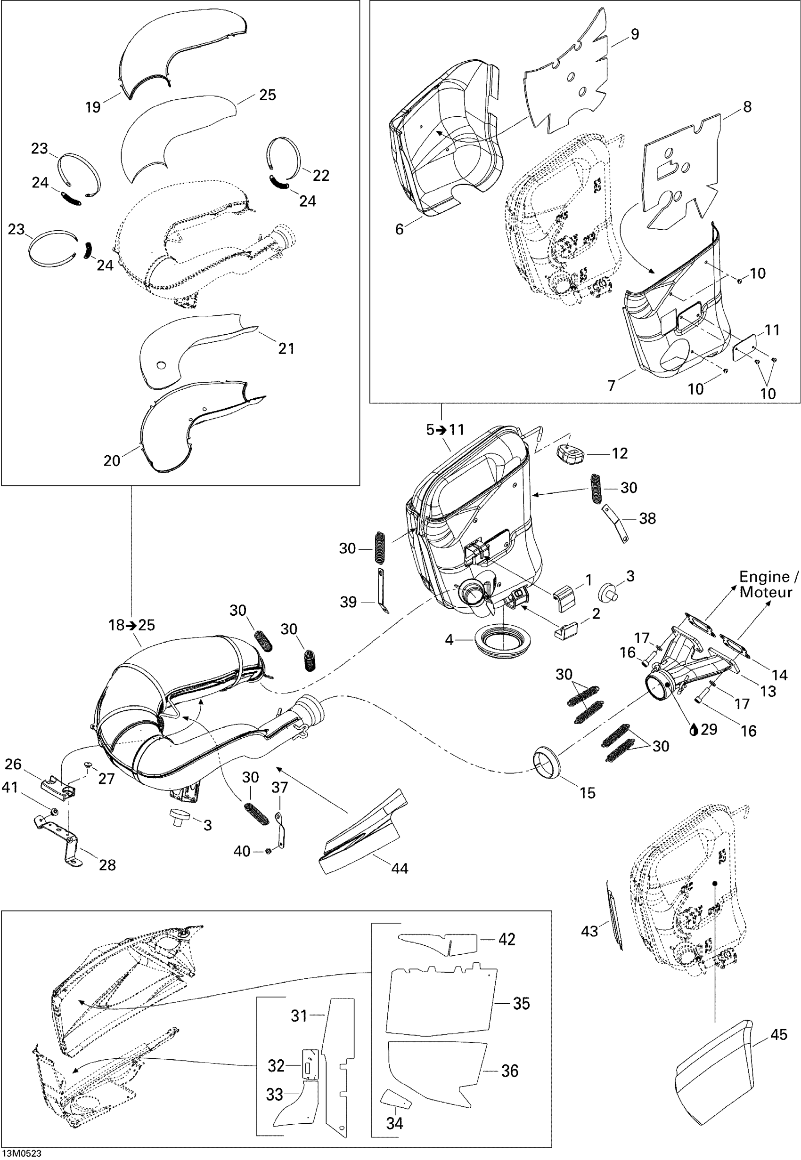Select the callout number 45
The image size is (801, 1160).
[778, 1034]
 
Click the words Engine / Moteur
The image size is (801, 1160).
[768, 584]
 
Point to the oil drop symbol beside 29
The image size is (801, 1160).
[695, 730]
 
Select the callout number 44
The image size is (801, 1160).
[400, 868]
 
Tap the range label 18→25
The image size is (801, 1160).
[132, 625]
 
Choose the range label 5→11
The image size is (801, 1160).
[445, 430]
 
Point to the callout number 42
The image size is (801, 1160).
[507, 939]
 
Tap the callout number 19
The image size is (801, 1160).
[93, 107]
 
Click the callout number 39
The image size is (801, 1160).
[348, 602]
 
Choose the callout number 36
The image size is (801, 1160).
[510, 1071]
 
